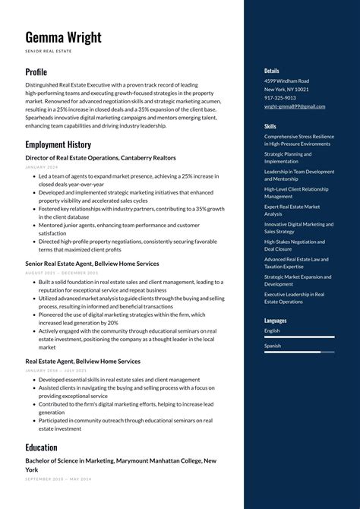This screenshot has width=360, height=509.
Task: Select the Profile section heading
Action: (x=36, y=72)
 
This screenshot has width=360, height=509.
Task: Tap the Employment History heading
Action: (x=58, y=144)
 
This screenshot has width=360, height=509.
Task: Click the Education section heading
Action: (x=41, y=447)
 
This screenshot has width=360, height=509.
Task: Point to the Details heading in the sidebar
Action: (x=272, y=71)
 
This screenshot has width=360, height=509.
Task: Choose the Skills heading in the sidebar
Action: (x=270, y=126)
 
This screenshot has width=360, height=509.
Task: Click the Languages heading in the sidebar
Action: (x=276, y=321)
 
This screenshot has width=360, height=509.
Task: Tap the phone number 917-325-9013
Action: (x=280, y=98)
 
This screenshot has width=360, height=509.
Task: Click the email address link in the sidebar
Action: (x=295, y=106)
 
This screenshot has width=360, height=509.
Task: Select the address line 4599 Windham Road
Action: (x=286, y=81)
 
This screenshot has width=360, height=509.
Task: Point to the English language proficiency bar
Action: (x=299, y=337)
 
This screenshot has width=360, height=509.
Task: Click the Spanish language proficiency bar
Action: (x=299, y=352)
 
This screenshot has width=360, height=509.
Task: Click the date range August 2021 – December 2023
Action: (x=62, y=273)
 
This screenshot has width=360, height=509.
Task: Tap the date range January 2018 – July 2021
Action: (x=56, y=371)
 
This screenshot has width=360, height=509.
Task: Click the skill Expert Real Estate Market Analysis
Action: (x=292, y=210)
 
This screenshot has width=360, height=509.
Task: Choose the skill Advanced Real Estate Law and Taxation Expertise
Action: (x=296, y=263)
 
